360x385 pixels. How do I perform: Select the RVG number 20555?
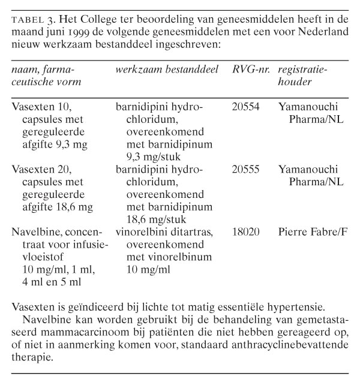click(x=245, y=169)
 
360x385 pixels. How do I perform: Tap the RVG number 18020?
click(x=245, y=231)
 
